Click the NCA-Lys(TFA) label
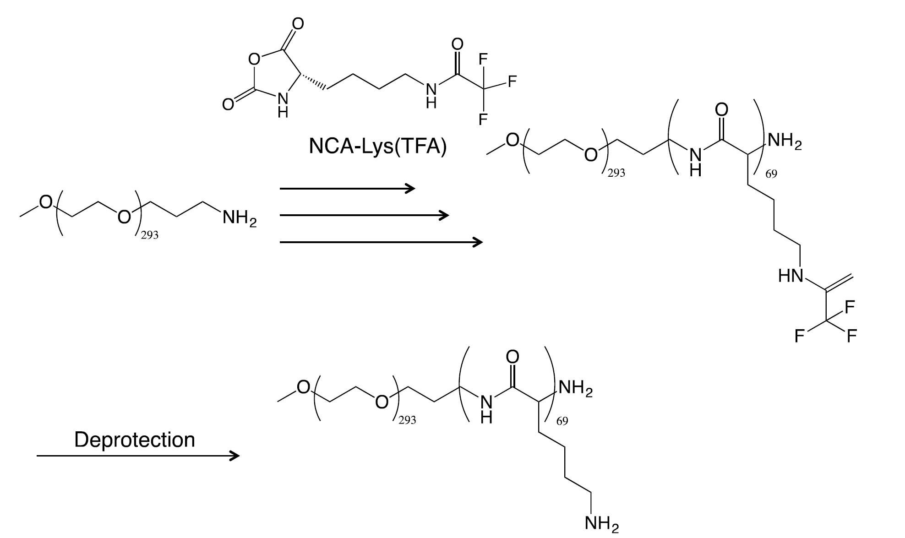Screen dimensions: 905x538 (x=377, y=147)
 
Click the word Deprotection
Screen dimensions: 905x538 (x=135, y=440)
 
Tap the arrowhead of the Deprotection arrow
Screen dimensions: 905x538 (x=234, y=456)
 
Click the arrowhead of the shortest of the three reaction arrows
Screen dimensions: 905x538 (x=410, y=188)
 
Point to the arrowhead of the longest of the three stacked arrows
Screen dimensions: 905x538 (x=477, y=242)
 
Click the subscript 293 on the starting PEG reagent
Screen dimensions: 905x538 (x=149, y=235)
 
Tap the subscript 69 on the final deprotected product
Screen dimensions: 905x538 (x=562, y=421)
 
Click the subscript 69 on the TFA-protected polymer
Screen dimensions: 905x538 (x=771, y=174)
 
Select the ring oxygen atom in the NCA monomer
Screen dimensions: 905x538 (x=254, y=59)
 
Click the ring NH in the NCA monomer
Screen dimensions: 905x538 (x=283, y=104)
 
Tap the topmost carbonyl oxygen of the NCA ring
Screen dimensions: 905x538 (x=298, y=23)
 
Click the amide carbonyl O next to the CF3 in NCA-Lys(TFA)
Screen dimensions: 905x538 (x=457, y=44)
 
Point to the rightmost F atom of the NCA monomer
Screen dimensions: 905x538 (x=512, y=81)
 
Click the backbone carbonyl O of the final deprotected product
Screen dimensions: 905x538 (x=513, y=357)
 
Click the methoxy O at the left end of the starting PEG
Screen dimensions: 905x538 (x=45, y=201)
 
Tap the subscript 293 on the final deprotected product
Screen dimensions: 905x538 (x=407, y=419)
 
